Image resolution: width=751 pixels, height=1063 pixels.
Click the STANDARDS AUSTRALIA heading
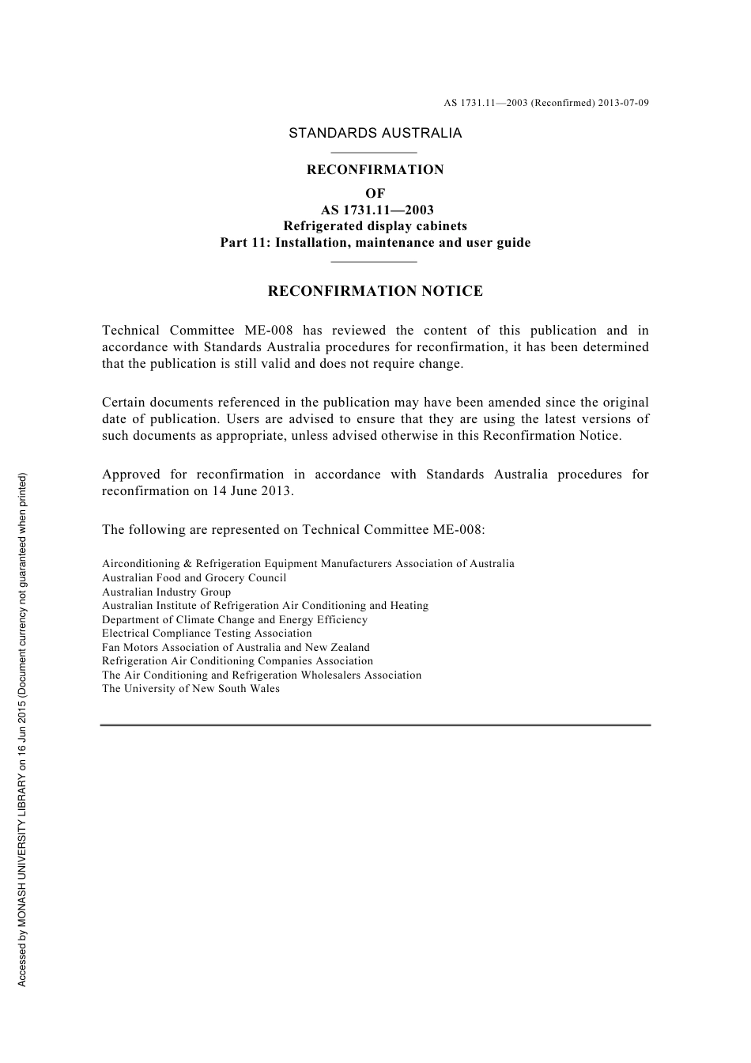(x=375, y=133)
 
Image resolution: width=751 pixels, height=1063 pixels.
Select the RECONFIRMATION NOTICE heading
(x=375, y=291)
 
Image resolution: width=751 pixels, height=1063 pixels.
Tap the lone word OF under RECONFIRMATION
(x=375, y=193)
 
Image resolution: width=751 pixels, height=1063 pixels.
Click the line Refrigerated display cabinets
(x=375, y=226)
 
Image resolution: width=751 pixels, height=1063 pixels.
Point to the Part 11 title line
(x=375, y=243)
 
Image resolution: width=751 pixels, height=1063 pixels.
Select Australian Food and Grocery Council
(x=194, y=578)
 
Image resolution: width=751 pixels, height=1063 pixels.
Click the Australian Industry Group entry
(x=166, y=592)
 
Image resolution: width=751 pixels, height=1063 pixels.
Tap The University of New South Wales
(x=191, y=689)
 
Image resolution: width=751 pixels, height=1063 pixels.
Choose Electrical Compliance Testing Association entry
(x=206, y=634)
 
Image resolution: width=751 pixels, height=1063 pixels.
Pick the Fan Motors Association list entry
(x=236, y=648)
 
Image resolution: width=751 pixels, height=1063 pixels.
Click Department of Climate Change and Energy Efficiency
(x=235, y=620)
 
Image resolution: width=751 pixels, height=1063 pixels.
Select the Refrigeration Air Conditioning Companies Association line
(x=237, y=661)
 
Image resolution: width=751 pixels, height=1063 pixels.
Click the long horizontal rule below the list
(x=375, y=724)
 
